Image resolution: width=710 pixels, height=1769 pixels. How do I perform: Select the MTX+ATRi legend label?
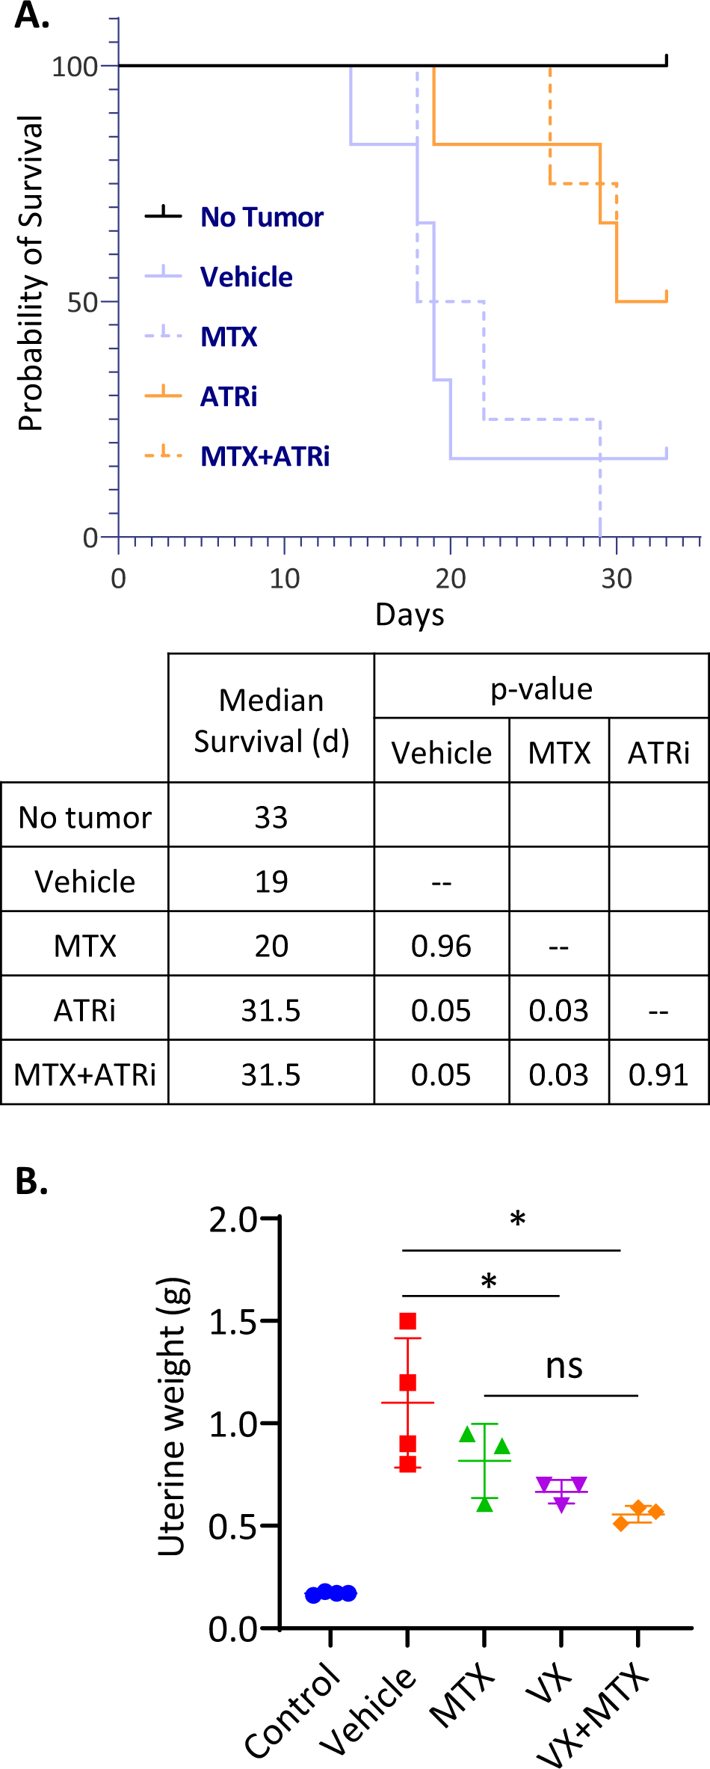tap(265, 456)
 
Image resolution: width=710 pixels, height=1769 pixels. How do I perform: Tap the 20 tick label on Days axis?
tap(450, 579)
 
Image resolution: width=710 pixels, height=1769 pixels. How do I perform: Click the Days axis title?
tap(410, 615)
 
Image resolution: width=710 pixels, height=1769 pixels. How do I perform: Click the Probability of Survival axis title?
tap(31, 274)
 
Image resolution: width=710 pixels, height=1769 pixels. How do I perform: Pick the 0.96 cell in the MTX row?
tap(441, 946)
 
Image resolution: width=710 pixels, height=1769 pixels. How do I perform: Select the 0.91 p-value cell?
tap(658, 1074)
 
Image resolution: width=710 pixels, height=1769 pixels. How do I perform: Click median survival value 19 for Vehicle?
tap(271, 882)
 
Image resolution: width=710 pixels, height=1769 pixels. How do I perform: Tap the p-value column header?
tap(541, 688)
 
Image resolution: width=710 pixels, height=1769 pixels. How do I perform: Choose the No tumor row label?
tap(84, 817)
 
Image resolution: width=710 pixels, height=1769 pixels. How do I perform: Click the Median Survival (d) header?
tap(271, 721)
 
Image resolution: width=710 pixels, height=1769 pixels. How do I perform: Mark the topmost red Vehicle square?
tap(407, 1321)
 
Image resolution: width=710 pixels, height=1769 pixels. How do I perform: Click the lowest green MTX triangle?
tap(485, 1504)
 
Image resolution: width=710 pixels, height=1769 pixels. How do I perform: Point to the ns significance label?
tap(564, 1367)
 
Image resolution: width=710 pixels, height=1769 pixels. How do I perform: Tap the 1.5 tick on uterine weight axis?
tap(233, 1322)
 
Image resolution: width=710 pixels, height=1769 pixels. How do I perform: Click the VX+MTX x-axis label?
tap(594, 1717)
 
